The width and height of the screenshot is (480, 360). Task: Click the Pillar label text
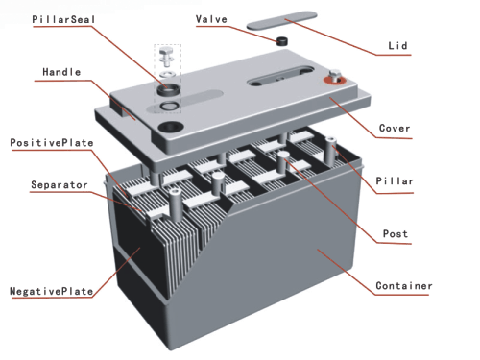click(x=395, y=180)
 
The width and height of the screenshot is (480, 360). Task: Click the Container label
click(x=403, y=286)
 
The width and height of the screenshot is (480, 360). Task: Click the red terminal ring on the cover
click(x=335, y=81)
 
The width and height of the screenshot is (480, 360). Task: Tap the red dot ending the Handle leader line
click(x=131, y=109)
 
